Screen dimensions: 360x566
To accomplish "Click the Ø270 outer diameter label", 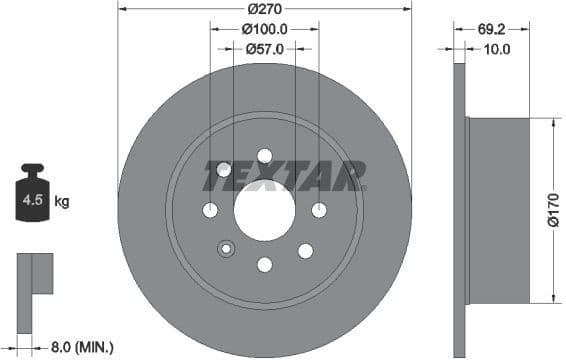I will tap(265, 8).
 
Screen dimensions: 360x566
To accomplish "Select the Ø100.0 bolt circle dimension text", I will tap(265, 30).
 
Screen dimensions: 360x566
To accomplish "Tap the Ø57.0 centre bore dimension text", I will tap(265, 48).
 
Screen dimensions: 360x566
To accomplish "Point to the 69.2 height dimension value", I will tap(490, 30).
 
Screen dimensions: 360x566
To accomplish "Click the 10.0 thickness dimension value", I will tap(496, 48).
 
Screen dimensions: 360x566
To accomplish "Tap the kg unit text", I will tap(62, 202).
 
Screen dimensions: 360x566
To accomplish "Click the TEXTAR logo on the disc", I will tap(284, 176).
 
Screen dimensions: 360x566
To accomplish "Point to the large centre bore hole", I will tap(265, 210).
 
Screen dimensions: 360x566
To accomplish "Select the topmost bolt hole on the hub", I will tap(265, 155).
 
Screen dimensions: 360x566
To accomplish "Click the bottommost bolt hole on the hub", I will tap(265, 264).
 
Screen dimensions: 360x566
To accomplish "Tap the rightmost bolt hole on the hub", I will tap(319, 210).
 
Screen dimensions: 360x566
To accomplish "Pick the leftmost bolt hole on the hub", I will tap(210, 210).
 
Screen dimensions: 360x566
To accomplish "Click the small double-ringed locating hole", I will tap(226, 249).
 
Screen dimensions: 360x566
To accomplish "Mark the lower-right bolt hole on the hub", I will tap(305, 250).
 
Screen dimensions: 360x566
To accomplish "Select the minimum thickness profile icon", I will tap(34, 274).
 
